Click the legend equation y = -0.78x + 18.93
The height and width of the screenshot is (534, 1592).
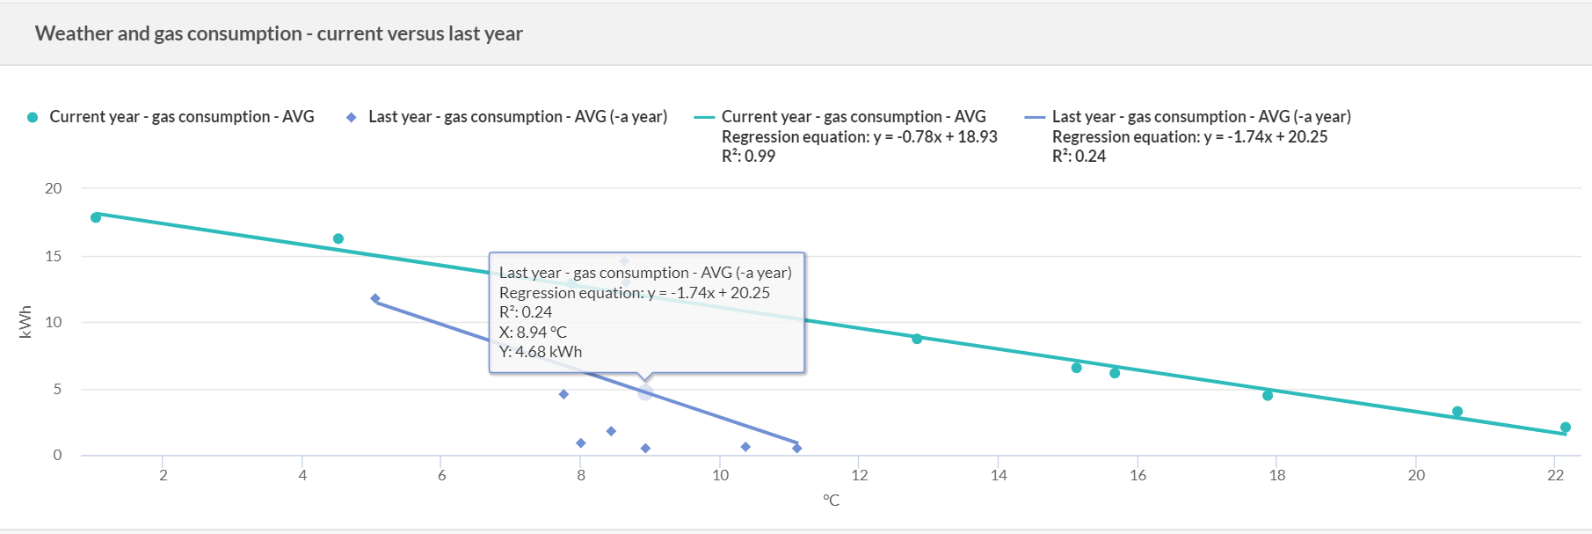click(859, 136)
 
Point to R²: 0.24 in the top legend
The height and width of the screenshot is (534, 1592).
click(1079, 156)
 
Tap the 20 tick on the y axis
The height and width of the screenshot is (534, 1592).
click(54, 188)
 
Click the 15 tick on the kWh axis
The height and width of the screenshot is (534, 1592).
click(54, 256)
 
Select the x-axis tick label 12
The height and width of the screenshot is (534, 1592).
click(859, 475)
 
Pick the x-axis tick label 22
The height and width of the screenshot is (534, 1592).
click(1555, 475)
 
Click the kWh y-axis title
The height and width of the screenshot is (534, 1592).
click(25, 322)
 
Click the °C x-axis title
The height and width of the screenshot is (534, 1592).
click(831, 500)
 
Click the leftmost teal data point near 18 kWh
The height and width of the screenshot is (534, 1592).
click(96, 217)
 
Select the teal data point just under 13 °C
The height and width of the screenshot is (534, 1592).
click(917, 339)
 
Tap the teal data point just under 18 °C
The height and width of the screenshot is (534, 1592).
click(1268, 396)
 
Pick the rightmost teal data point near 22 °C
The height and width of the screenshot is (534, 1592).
click(1566, 428)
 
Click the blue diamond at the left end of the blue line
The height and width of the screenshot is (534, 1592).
click(375, 299)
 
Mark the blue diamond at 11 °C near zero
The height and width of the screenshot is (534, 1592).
click(796, 449)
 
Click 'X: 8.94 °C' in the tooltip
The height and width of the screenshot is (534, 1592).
click(533, 332)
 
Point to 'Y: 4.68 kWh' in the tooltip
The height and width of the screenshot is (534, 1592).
click(541, 351)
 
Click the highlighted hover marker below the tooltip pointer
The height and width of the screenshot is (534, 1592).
click(645, 393)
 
